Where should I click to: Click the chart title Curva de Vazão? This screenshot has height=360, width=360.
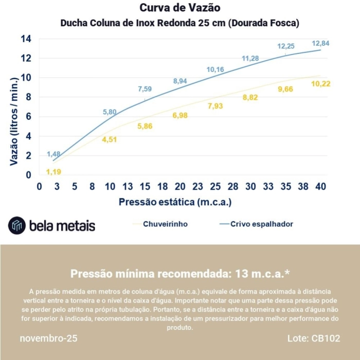point(180,8)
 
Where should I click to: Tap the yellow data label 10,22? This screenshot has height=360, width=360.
point(320,84)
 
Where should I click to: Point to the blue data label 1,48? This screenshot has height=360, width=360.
point(53,154)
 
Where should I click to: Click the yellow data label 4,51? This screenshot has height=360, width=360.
point(110,139)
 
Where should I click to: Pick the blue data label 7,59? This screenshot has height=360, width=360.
point(145,89)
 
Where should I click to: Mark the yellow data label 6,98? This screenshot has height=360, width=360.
point(180,116)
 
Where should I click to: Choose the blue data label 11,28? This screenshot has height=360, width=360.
point(250,59)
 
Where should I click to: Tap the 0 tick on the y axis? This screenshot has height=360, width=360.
point(28,175)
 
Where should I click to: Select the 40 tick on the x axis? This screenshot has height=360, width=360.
point(320,187)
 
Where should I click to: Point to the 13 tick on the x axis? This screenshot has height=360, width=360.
point(128,187)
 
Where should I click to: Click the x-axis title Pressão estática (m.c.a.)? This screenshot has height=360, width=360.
point(175,202)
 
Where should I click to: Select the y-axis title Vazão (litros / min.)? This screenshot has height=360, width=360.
point(14,121)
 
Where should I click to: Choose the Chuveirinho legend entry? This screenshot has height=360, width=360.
point(165,224)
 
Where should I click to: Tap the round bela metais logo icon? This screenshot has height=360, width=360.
point(17,225)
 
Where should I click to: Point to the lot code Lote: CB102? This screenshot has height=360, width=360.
point(313,339)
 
